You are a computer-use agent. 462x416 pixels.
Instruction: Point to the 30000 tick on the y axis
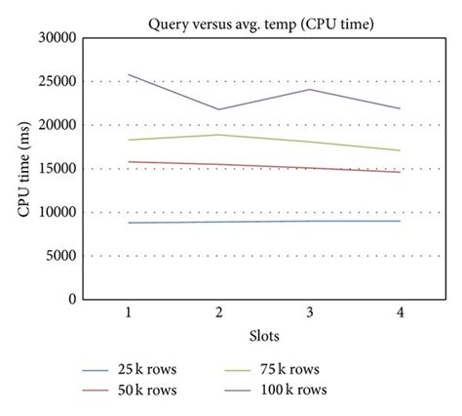click(x=57, y=38)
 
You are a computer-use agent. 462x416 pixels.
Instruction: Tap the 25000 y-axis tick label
click(x=57, y=82)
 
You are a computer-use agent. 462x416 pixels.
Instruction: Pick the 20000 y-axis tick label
click(x=57, y=125)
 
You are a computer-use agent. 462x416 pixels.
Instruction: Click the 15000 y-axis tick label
click(x=57, y=169)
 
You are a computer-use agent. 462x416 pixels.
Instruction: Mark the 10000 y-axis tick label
click(x=57, y=213)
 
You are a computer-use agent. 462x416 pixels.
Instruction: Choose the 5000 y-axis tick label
click(x=60, y=256)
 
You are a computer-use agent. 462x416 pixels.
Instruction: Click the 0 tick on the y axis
click(x=73, y=300)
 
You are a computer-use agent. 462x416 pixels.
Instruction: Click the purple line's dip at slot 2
click(x=218, y=109)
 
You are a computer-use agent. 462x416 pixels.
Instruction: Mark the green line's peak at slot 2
click(x=218, y=135)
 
